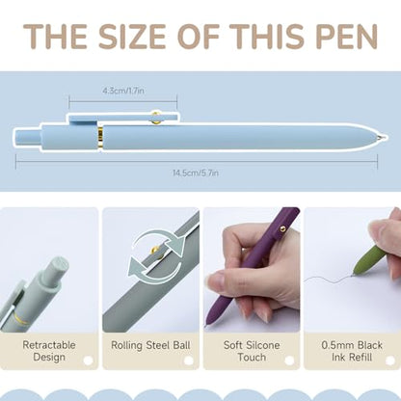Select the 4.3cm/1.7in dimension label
tap(123, 91)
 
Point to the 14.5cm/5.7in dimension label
tap(196, 173)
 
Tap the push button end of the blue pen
tap(27, 137)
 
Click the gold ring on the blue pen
tap(100, 138)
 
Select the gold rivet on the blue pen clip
tap(156, 118)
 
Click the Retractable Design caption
tap(49, 351)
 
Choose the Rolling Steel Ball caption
tap(150, 345)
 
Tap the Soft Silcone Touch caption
tap(252, 351)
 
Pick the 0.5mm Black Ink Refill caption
tap(352, 351)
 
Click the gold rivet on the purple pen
tap(282, 228)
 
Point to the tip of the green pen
tap(355, 274)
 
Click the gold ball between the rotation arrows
tap(156, 250)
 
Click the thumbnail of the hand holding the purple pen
tap(252, 270)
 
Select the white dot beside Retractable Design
tap(88, 361)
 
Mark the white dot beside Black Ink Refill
tap(390, 361)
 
